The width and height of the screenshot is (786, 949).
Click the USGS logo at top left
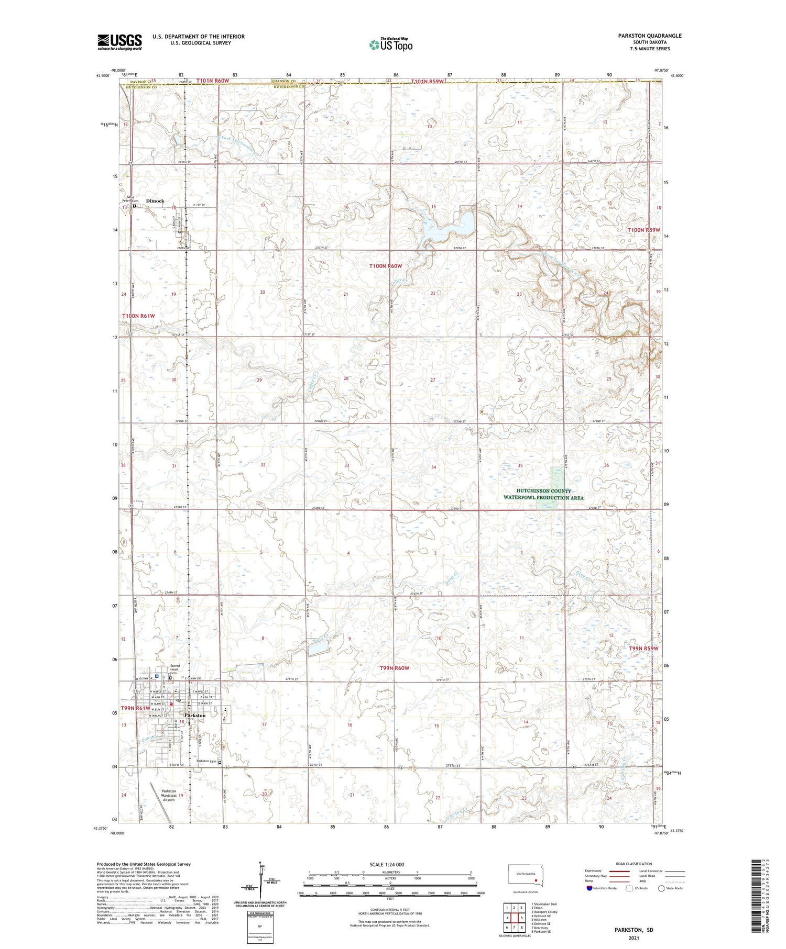pos(119,42)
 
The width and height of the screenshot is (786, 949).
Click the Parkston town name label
pos(194,715)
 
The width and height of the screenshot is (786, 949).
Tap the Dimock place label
pos(155,201)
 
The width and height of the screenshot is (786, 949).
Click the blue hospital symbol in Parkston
pos(156,676)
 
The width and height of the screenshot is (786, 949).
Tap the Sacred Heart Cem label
pos(176,669)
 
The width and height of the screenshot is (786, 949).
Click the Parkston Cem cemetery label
pos(206,761)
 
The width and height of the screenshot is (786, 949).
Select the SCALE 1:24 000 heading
pos(390,864)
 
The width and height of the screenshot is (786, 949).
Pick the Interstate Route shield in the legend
pos(589,888)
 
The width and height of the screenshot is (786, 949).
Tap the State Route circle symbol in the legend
pos(662,888)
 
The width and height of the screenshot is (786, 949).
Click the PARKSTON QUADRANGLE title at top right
pos(650,36)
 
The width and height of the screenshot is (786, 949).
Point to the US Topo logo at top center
pos(390,45)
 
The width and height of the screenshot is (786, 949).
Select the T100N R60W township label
pos(386,266)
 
